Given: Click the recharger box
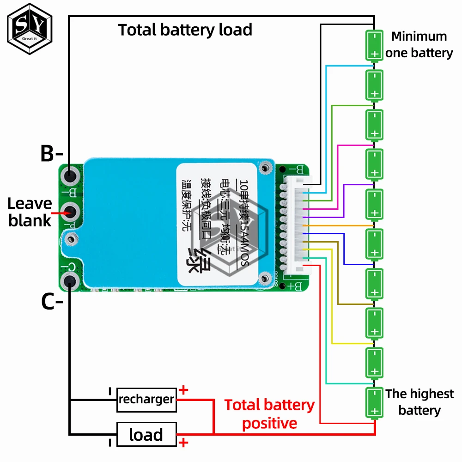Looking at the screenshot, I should [x=146, y=399].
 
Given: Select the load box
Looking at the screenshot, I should [x=146, y=435].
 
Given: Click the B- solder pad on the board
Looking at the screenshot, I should [x=70, y=176].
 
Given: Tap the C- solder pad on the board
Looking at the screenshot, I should [x=70, y=280].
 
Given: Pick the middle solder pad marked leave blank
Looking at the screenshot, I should [x=70, y=213].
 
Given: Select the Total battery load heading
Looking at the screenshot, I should [x=185, y=30].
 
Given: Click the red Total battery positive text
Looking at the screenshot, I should [x=269, y=414].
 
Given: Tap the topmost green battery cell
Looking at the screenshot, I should [x=375, y=45].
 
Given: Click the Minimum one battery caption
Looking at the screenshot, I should [x=419, y=45].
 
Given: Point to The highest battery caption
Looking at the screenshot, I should [x=419, y=402].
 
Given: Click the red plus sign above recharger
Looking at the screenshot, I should [x=183, y=390].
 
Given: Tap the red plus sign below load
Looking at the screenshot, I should [x=183, y=444].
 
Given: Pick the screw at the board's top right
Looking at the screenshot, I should [x=265, y=168].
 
